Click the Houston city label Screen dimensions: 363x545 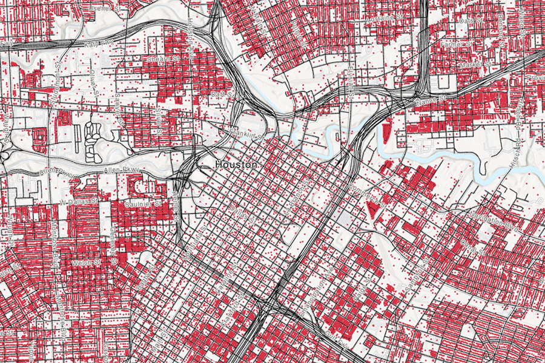[237, 165]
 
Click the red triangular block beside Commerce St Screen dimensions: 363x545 [372, 209]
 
